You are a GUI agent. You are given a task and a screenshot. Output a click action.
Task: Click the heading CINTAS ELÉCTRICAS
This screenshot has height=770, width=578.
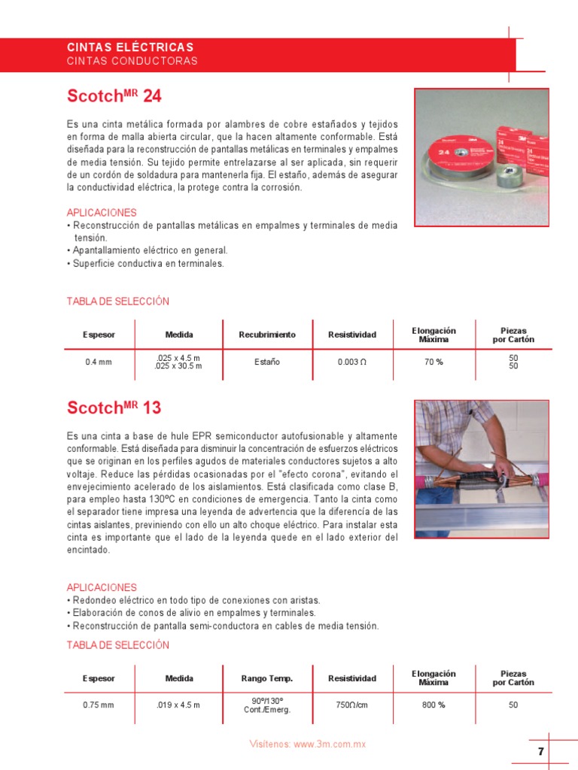[x=130, y=47]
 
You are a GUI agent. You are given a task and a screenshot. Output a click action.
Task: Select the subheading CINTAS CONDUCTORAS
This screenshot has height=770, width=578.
[x=132, y=61]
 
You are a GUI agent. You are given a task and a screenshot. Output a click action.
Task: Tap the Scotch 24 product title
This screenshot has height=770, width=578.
[x=114, y=96]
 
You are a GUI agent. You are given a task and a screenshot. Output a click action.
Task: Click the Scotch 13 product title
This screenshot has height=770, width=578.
[x=114, y=408]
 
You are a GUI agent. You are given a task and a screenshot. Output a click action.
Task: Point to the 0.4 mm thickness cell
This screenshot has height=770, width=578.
[x=99, y=362]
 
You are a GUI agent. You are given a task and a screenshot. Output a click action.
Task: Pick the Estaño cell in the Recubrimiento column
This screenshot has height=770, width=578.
[x=267, y=362]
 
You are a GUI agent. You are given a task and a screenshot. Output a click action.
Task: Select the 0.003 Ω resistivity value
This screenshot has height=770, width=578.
[x=352, y=362]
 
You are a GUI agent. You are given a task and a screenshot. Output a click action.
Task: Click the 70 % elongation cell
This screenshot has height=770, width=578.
[x=433, y=362]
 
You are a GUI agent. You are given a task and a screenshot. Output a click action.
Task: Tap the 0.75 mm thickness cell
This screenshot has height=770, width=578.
[x=99, y=705]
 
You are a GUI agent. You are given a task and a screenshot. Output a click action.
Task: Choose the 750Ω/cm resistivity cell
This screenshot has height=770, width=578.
[x=352, y=705]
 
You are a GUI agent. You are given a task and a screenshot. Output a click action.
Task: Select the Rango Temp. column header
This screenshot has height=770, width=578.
[x=267, y=678]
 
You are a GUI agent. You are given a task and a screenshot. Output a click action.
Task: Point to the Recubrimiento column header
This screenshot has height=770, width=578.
[x=267, y=335]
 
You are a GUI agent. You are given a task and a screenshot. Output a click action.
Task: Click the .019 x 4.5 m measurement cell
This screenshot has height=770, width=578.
[x=178, y=705]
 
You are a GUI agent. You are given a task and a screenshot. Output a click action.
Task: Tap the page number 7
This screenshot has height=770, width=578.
[x=540, y=752]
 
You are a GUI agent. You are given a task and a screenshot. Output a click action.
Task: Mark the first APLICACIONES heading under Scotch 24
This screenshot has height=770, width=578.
[x=102, y=213]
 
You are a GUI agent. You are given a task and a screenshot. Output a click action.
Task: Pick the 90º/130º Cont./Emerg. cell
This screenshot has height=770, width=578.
[x=267, y=705]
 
